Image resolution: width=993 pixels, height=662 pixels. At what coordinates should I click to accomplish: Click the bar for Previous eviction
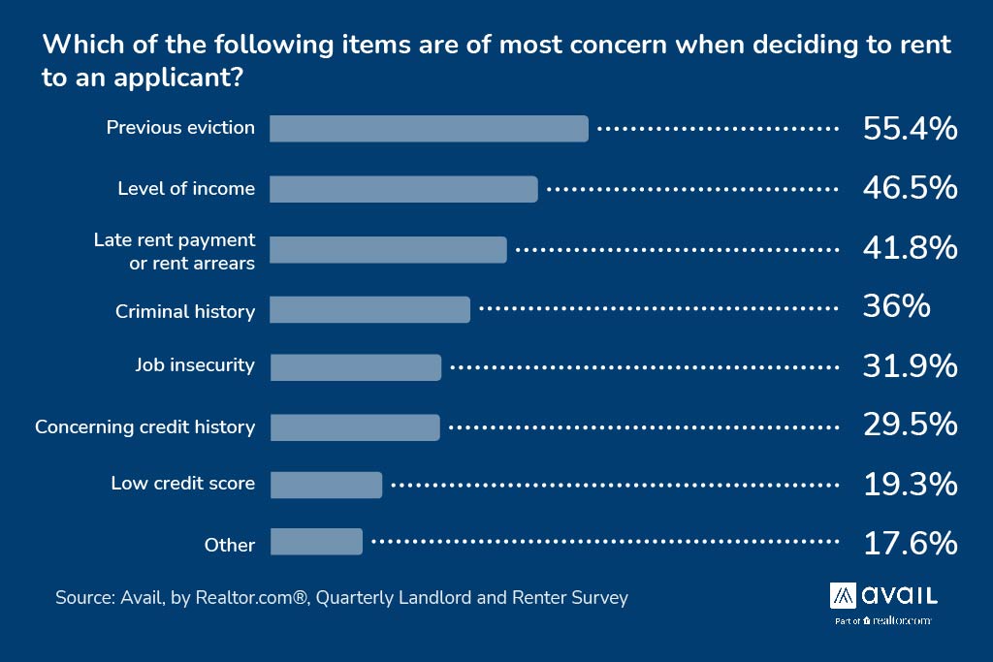pos(429,129)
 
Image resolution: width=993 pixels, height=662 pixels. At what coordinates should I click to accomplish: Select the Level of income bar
pos(403,189)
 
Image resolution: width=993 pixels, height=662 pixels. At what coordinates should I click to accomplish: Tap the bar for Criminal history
pos(369,310)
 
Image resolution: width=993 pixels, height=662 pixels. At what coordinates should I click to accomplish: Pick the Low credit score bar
pos(326,485)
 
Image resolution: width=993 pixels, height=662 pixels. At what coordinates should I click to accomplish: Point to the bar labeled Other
pos(316,542)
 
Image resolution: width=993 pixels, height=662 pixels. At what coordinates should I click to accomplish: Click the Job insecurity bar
pos(355,367)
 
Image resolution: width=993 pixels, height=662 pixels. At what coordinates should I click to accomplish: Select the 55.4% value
pos(910,129)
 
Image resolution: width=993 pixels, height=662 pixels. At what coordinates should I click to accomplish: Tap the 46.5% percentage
pos(910,188)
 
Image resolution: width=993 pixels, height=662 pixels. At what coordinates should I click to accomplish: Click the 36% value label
pos(896,307)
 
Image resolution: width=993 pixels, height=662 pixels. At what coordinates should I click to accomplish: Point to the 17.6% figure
pos(910,543)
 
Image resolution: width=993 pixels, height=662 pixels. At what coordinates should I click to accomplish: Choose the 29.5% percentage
pos(910,426)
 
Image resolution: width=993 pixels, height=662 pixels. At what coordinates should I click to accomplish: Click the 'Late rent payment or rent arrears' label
pos(176,251)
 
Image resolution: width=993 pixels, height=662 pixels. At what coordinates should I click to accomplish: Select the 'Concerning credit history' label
pos(145,426)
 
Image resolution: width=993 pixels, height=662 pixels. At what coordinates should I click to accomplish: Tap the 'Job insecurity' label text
pos(195,365)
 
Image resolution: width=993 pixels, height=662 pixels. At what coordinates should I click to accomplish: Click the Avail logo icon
pos(842,594)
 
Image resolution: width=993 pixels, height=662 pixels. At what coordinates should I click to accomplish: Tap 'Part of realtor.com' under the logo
pos(882,620)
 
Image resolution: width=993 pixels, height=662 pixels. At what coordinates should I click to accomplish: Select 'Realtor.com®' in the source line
pos(253,598)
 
